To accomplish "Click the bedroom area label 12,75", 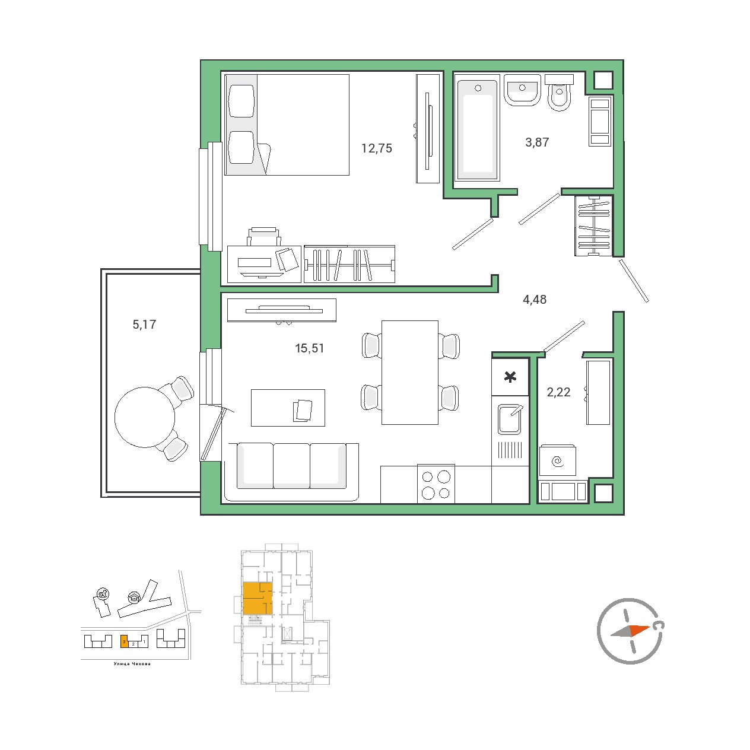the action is (376, 148).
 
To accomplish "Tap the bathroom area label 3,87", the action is (537, 142).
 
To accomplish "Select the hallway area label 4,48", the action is (535, 299).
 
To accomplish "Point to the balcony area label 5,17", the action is (144, 324).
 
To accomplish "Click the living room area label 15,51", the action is (309, 348).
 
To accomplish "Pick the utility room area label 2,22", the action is (558, 392).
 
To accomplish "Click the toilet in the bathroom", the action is (560, 93).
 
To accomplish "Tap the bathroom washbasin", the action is (522, 90).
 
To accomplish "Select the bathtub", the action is (477, 130).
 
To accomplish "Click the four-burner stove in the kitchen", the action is (436, 484).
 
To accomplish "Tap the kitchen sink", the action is (510, 419).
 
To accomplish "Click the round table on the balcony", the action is (145, 417).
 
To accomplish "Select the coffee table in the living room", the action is (288, 408).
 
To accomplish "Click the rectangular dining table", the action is (410, 373).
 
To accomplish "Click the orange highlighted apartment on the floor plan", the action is (257, 598).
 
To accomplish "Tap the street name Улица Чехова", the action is (132, 663).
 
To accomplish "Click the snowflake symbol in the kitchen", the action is (510, 377).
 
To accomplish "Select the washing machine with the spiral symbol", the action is (557, 461).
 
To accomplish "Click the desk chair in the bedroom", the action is (264, 237).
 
